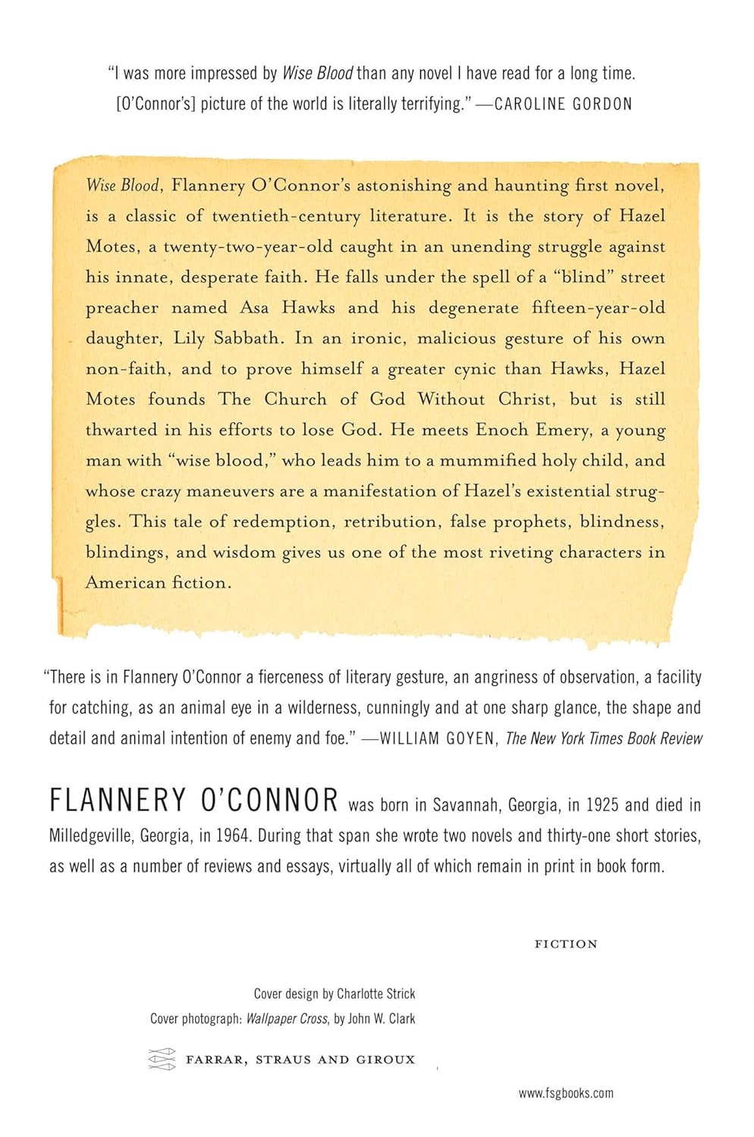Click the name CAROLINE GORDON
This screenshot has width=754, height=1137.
(563, 104)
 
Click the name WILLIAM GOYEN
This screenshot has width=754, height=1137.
(437, 738)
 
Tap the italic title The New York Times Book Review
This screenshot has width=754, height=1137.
(604, 738)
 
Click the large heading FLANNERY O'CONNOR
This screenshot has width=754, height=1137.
(193, 801)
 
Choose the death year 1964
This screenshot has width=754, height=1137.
(232, 835)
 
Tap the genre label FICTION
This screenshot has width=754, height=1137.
(566, 944)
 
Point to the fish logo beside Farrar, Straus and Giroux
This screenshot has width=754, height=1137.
(162, 1059)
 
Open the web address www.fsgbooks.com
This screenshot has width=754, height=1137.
(566, 1093)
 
